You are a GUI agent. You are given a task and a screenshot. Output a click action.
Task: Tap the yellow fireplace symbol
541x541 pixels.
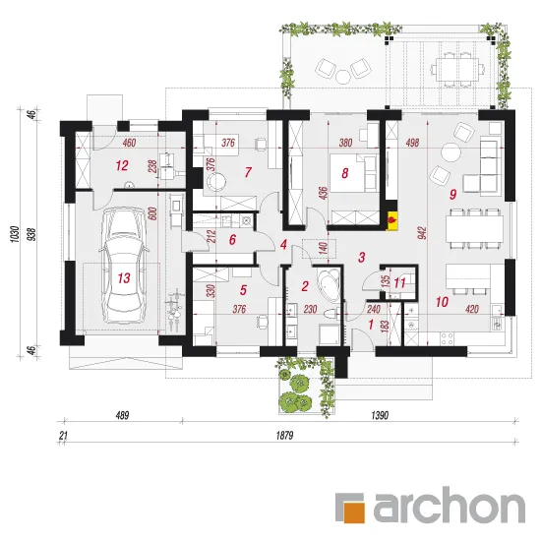(x=392, y=220)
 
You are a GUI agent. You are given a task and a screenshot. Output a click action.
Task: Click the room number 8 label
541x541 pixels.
(x=344, y=173)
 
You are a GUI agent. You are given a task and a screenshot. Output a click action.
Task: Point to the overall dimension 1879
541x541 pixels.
(x=284, y=436)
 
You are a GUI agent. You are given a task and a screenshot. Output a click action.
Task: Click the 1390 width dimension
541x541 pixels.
(x=380, y=415)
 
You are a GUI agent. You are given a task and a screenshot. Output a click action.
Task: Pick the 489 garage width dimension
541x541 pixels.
(x=122, y=415)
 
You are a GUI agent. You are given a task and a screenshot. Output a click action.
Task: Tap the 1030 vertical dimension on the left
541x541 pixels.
(x=15, y=234)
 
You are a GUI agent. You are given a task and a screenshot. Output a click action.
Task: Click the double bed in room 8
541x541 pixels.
(x=353, y=172)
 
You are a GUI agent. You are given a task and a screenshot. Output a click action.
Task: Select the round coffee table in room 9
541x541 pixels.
(x=451, y=152)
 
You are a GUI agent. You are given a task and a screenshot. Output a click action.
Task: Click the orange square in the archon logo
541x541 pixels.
(x=354, y=509)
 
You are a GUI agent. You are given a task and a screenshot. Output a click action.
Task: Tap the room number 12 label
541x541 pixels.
(x=122, y=165)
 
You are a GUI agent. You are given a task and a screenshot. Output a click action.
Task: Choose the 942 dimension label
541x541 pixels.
(x=422, y=233)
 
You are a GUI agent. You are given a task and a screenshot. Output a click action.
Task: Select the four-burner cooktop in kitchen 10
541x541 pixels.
(x=448, y=338)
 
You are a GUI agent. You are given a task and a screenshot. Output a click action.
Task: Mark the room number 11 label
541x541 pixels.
(x=399, y=283)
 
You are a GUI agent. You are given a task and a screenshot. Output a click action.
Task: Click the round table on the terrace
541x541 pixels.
(x=343, y=77)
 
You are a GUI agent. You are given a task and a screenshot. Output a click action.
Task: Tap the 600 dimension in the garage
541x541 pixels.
(x=153, y=213)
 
